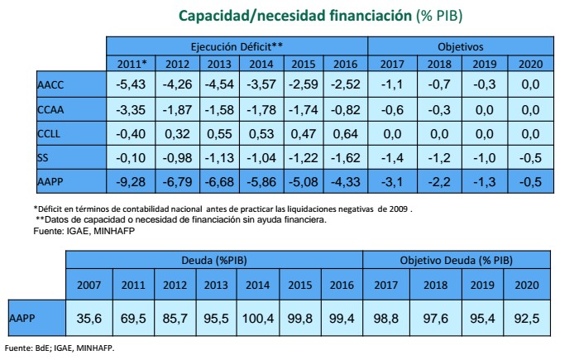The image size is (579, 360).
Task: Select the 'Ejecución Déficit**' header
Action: point(237,47)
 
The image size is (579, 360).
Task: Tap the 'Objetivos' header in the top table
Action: point(460,47)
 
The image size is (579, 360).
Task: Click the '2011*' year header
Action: point(133,64)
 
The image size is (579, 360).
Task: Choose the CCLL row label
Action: point(50,133)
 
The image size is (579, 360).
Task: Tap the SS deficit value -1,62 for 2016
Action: point(347,157)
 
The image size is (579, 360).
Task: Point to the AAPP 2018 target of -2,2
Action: point(438,181)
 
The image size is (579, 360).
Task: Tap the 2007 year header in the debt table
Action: point(89,286)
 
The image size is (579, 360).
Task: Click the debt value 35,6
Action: point(89,318)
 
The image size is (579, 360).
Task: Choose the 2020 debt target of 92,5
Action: point(523,318)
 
